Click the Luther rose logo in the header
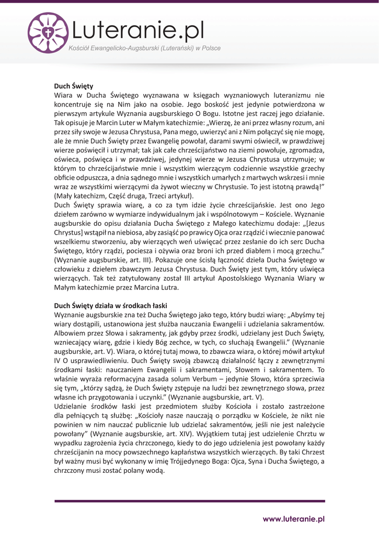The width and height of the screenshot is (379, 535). pyautogui.click(x=48, y=33)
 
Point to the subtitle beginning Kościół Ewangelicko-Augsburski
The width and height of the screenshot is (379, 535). pyautogui.click(x=145, y=49)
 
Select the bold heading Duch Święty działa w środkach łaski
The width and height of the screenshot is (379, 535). pyautogui.click(x=110, y=305)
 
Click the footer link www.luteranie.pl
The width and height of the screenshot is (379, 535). pyautogui.click(x=294, y=519)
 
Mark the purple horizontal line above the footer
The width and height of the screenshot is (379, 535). pyautogui.click(x=189, y=501)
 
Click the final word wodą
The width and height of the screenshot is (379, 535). pyautogui.click(x=155, y=470)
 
